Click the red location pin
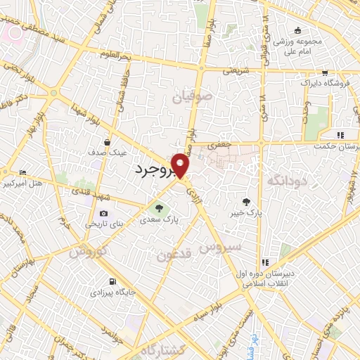click(181, 165)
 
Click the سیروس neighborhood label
click(221, 247)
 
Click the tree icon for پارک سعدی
click(157, 207)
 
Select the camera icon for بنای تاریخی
click(104, 213)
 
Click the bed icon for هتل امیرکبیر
click(23, 172)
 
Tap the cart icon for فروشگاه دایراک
click(324, 72)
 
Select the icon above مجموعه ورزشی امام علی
click(298, 30)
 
